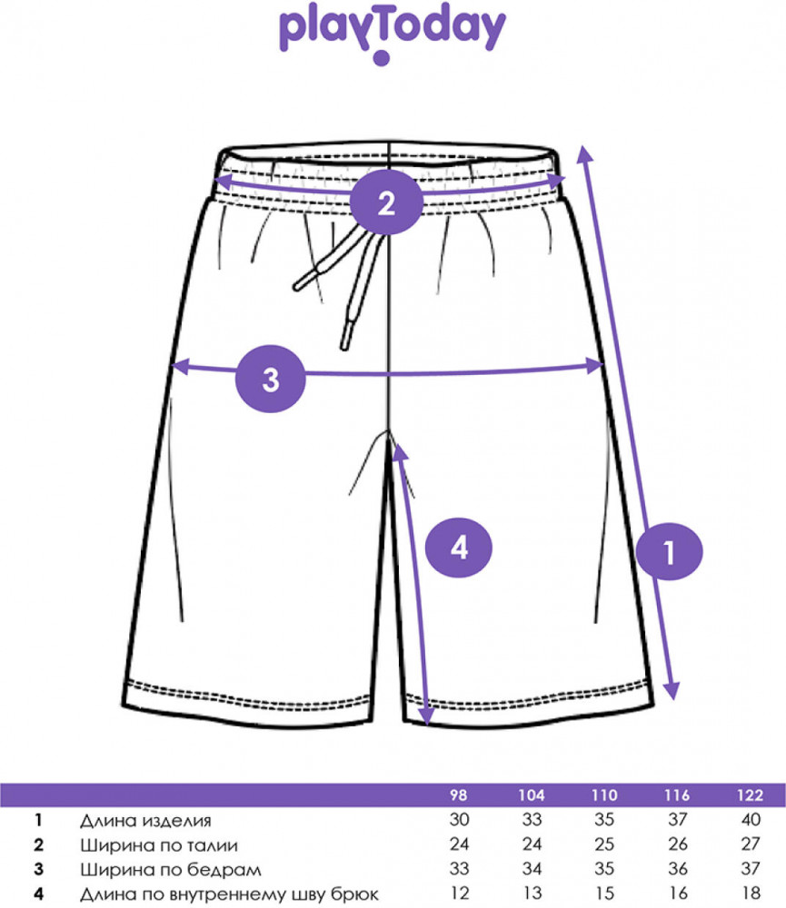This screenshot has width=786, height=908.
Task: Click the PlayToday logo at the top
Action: coord(393,33)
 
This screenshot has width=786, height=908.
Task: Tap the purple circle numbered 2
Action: coord(386,202)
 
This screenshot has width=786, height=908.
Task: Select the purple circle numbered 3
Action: coord(271,379)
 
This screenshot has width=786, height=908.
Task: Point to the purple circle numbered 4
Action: coord(459,548)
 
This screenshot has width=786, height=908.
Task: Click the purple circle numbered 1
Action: coord(670,552)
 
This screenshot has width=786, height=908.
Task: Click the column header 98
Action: coord(459,795)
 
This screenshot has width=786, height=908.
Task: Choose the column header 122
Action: coord(750,795)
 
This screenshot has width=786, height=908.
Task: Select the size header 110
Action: coord(604,795)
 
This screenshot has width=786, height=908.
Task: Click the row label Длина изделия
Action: coord(145,821)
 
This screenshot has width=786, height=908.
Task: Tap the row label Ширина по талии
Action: coord(159,845)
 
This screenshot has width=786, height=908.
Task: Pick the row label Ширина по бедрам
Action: coord(171,870)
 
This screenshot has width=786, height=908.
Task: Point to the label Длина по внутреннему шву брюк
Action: coord(229,894)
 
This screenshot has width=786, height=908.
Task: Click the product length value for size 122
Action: coord(751,820)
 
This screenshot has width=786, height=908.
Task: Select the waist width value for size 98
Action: coord(459,844)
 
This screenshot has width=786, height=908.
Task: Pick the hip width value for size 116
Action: coord(678,869)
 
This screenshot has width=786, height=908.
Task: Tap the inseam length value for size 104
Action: coord(532,893)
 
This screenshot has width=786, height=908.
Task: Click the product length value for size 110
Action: coord(604,820)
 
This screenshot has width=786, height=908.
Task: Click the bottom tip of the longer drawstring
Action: coord(344,348)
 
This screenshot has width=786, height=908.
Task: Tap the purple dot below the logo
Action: coord(382,58)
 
